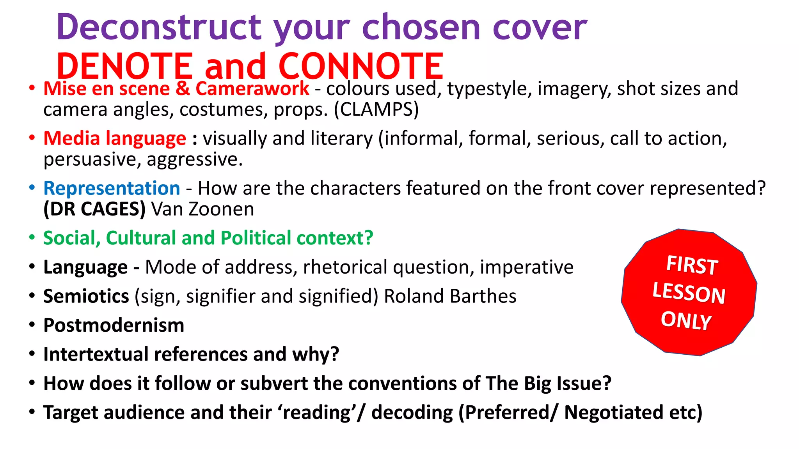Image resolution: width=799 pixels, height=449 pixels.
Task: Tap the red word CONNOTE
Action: coord(361,66)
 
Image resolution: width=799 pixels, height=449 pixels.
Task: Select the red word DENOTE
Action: coord(125,66)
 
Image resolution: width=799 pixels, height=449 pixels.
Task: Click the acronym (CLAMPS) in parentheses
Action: coord(376,110)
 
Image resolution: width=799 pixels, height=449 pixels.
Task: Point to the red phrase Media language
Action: coord(115,138)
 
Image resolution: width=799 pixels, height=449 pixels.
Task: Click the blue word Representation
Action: coord(112,188)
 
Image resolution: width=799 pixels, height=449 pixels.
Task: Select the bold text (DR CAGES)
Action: coord(94,209)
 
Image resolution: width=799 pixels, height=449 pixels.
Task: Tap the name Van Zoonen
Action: coord(202,209)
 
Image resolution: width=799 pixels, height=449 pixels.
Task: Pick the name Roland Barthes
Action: coord(450,296)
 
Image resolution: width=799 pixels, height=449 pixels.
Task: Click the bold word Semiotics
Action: coord(86,296)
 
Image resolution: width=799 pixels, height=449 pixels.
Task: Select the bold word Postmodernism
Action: coord(114,325)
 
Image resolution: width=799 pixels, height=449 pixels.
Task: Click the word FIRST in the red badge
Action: coord(692,265)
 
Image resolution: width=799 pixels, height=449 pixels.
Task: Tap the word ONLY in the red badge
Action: coord(686,320)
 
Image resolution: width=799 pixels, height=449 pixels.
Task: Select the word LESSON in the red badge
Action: coord(689,293)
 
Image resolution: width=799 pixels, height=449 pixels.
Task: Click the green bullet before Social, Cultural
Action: coord(32,237)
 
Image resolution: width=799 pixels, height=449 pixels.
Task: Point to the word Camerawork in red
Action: coord(252,88)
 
